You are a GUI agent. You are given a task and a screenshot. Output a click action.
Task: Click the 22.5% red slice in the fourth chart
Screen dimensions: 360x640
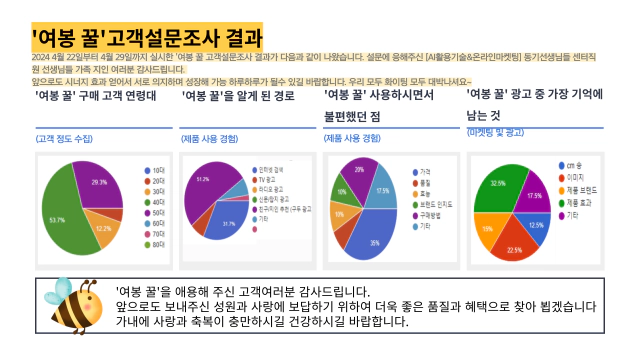[x=515, y=244]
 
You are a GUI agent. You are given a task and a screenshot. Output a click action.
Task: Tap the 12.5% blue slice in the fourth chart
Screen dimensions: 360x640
[x=535, y=224]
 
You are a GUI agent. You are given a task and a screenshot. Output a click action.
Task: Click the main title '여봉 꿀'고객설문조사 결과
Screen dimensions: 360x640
[x=147, y=39]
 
